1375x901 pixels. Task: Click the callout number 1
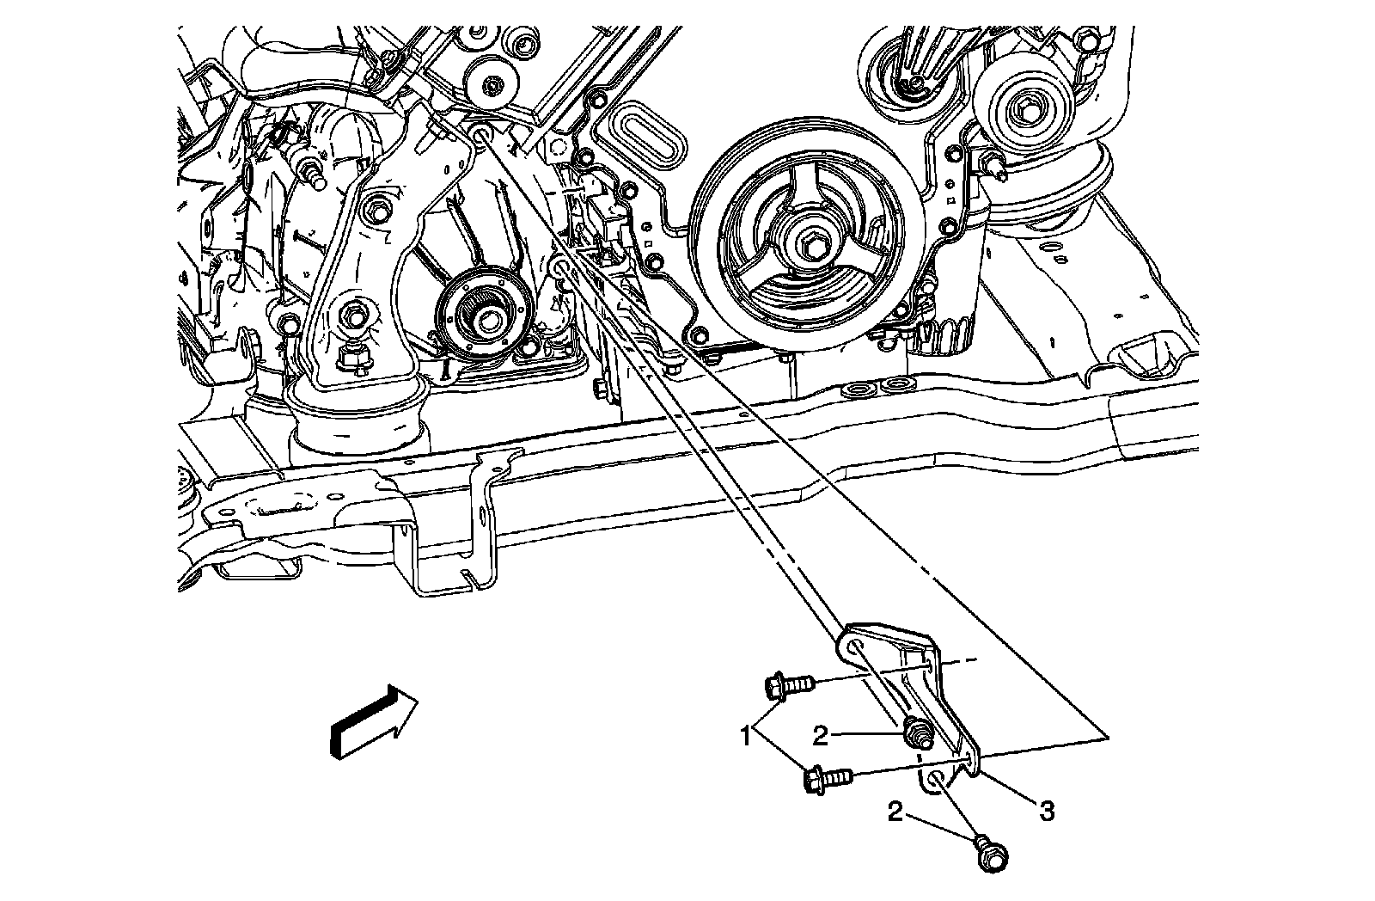tap(748, 737)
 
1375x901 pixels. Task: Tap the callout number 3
tap(1046, 809)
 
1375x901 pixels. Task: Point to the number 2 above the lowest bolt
tap(895, 812)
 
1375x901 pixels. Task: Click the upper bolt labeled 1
tap(787, 686)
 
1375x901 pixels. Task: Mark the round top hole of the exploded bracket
tap(856, 647)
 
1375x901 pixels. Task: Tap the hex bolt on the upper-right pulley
tap(1029, 110)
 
